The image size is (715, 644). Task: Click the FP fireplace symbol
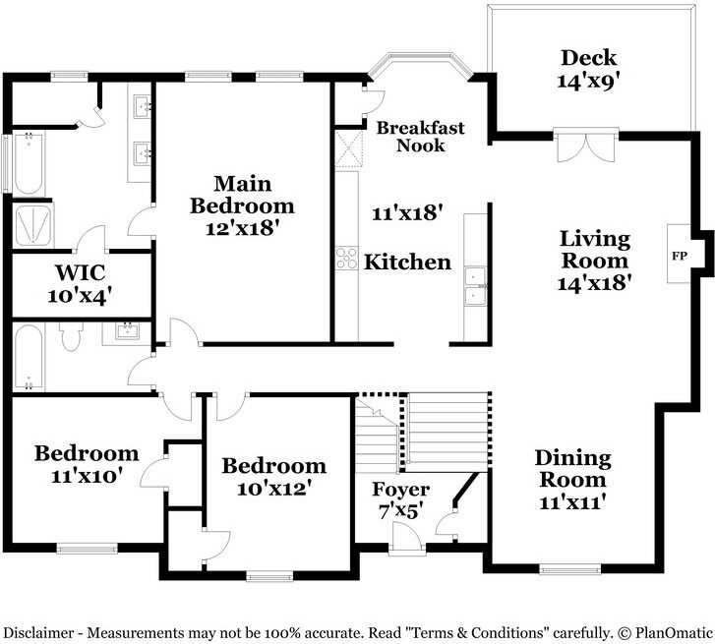point(679,256)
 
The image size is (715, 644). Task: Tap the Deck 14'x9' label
point(587,69)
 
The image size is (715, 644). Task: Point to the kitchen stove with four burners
point(346,258)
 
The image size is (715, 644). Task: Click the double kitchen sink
point(475,284)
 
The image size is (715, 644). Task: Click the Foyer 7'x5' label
point(400,499)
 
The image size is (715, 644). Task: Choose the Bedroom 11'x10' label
point(87,464)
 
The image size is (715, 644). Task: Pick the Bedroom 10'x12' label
point(273,477)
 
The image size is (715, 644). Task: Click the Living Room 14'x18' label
point(595,261)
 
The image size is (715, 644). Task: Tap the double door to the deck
point(586,146)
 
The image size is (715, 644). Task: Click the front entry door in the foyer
point(404,538)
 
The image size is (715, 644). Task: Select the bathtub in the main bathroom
point(27,163)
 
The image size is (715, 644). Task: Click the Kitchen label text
point(407,263)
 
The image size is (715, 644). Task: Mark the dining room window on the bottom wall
point(569,568)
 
